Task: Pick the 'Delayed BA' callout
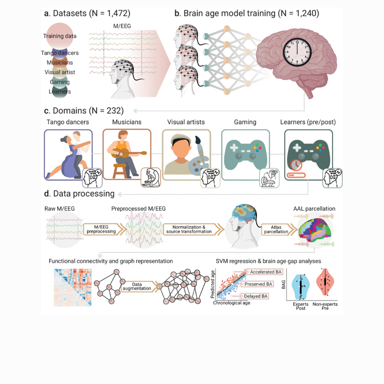pyautogui.click(x=259, y=296)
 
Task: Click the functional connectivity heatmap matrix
pyautogui.click(x=71, y=287)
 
